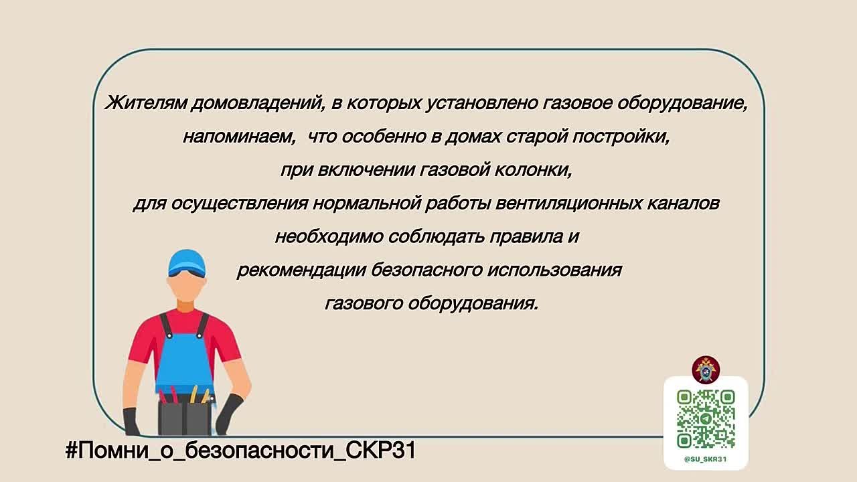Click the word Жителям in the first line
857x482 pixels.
point(145,103)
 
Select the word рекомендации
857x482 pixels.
point(301,270)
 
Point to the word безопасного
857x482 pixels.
point(426,270)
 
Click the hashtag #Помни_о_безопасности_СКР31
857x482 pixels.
point(240,451)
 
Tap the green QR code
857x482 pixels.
point(706,419)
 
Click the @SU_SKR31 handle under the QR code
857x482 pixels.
point(706,459)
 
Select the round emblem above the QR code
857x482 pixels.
point(706,370)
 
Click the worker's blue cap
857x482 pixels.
point(187,263)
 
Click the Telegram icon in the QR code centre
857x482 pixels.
point(706,419)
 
